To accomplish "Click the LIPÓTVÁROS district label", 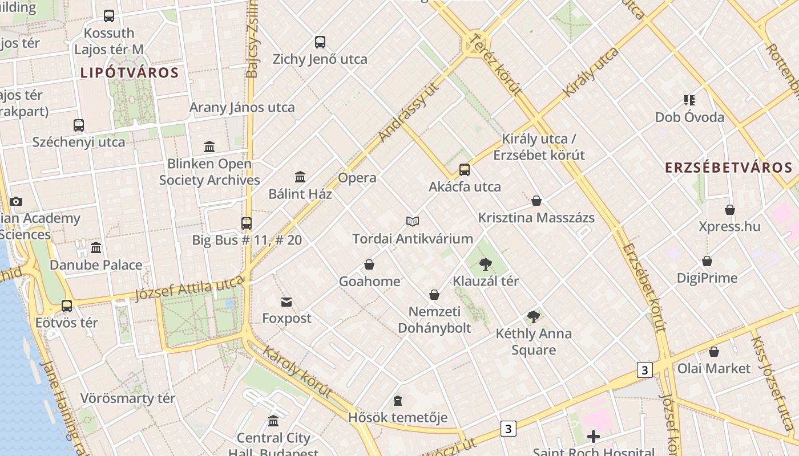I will click(x=130, y=73).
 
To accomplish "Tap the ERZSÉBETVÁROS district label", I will click(x=729, y=168).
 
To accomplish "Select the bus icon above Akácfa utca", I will click(x=465, y=169).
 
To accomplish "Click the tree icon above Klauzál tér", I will click(x=486, y=264).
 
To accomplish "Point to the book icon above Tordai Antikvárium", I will click(x=413, y=221).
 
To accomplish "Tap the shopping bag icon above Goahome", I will click(x=369, y=264).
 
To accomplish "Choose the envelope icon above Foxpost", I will click(x=286, y=302).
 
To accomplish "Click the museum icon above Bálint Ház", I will click(x=300, y=177).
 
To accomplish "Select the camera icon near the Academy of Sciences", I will click(x=16, y=201).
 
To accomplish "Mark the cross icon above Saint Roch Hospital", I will click(x=594, y=437).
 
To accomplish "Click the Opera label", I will click(x=357, y=178).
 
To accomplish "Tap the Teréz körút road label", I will click(x=494, y=64).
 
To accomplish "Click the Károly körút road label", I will click(x=297, y=371).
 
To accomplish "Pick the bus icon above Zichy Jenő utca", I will click(x=320, y=42).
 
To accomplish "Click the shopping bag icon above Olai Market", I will click(x=713, y=352).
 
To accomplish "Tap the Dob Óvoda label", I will click(x=689, y=117).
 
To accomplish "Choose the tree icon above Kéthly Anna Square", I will click(x=534, y=316).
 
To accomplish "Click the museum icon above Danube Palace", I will click(x=96, y=248).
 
